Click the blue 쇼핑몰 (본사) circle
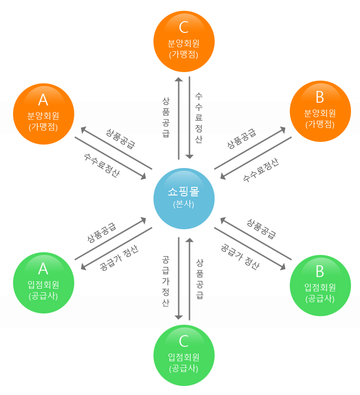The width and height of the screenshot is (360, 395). click(x=184, y=199)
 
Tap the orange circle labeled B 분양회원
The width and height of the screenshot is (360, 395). click(x=319, y=112)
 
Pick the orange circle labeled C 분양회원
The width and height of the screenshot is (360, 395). click(x=184, y=41)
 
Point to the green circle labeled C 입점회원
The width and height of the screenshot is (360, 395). click(x=184, y=355)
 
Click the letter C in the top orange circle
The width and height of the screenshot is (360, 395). click(x=184, y=27)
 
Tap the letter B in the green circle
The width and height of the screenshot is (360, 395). click(x=319, y=272)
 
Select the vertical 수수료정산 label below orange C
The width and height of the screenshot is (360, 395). click(x=198, y=118)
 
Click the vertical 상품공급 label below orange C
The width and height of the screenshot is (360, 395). click(x=166, y=118)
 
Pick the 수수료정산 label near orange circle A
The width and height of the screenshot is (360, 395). click(x=102, y=165)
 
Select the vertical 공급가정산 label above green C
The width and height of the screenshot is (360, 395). click(x=166, y=281)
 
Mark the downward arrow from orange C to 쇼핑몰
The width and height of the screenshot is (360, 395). click(x=189, y=118)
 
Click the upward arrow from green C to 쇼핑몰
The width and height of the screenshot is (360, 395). click(x=189, y=279)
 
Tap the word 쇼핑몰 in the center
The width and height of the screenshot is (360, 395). click(x=184, y=192)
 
